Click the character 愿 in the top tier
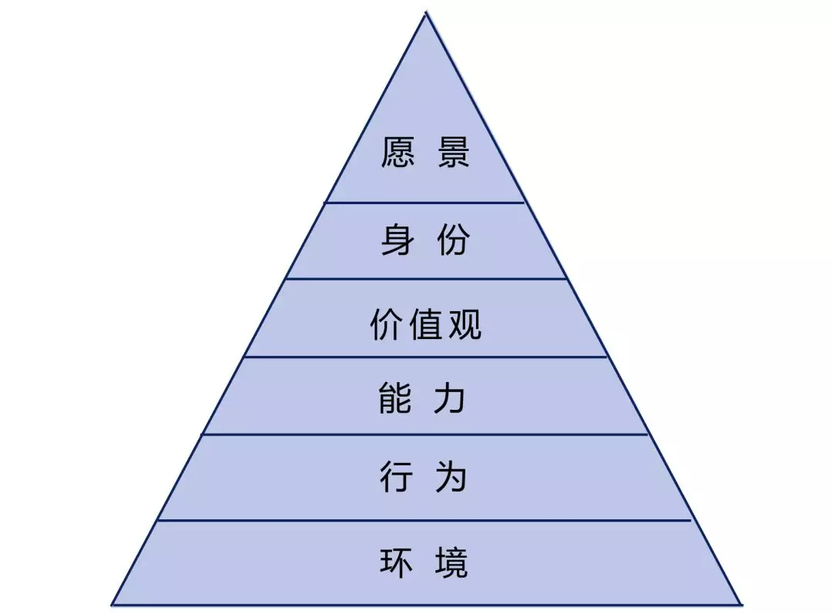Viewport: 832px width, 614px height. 398,153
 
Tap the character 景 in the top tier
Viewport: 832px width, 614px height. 454,153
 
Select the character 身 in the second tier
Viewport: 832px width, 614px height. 398,240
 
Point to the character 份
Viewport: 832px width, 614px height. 454,240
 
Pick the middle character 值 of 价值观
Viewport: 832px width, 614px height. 425,324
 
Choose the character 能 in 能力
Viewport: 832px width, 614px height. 395,398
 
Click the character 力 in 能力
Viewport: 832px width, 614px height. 450,398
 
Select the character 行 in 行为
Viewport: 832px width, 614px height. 397,476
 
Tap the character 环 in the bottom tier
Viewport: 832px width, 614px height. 397,562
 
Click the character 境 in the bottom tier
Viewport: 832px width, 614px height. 451,562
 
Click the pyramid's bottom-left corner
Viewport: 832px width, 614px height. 112,605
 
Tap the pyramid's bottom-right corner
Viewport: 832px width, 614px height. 741,605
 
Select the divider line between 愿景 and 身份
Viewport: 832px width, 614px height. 425,202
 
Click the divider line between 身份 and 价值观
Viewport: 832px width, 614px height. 426,278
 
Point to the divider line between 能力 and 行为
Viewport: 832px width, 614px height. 425,434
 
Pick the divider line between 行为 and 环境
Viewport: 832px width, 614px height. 424,521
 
